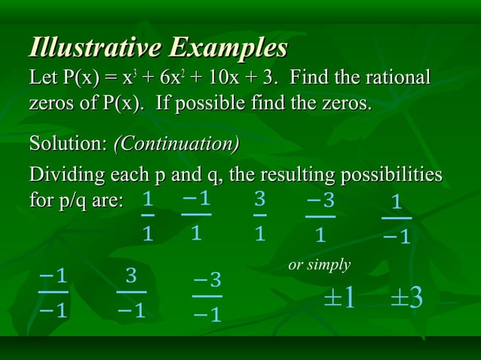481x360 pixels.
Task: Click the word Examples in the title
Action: (228, 47)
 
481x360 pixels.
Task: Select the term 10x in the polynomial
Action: (224, 78)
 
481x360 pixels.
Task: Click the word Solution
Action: (66, 142)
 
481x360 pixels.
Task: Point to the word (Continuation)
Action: (176, 142)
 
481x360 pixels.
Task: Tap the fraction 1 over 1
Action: (149, 217)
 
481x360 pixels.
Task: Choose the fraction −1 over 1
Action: (196, 215)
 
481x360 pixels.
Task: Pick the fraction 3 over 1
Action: (259, 217)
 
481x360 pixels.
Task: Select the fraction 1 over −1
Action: (397, 219)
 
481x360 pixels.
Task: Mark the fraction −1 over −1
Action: (53, 291)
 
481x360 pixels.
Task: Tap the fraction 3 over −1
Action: (131, 291)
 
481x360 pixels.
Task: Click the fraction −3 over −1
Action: (207, 297)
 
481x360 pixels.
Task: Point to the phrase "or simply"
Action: (320, 265)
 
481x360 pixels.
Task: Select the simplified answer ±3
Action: (406, 297)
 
